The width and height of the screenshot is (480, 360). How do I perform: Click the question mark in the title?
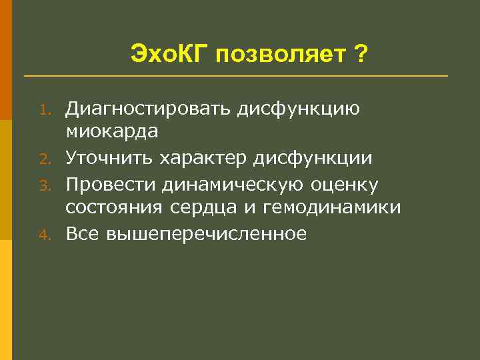pyautogui.click(x=360, y=53)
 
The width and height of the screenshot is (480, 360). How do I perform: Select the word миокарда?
pyautogui.click(x=111, y=132)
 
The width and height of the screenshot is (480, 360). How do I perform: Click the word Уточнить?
pyautogui.click(x=113, y=157)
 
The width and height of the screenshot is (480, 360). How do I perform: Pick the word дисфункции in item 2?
pyautogui.click(x=315, y=157)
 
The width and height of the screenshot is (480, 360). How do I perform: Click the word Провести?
pyautogui.click(x=111, y=183)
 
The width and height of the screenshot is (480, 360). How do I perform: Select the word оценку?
pyautogui.click(x=345, y=183)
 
